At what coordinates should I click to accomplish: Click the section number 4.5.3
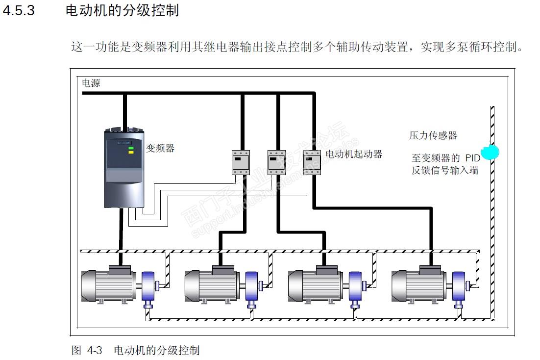pos(19,11)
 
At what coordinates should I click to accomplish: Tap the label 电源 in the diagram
pos(91,83)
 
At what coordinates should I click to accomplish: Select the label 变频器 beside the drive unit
pos(160,148)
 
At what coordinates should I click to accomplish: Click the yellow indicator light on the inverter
pos(131,152)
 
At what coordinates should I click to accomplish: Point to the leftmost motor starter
pos(240,162)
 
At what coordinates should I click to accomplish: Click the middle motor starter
pos(276,162)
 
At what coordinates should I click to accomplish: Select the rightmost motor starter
pos(312,162)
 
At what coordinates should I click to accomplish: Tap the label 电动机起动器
pos(354,154)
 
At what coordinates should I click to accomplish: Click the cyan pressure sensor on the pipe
pos(490,152)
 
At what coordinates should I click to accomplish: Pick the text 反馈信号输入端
pos(445,171)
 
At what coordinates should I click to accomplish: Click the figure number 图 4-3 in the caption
pos(87,350)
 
